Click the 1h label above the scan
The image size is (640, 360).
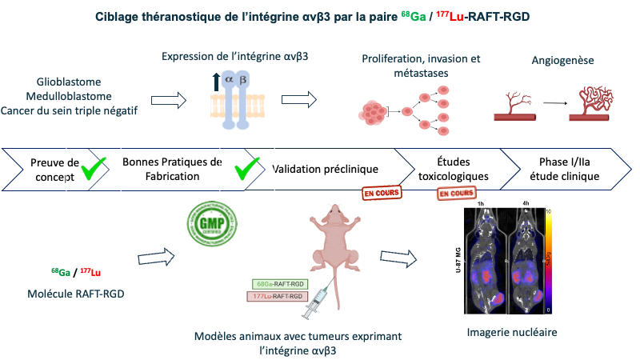click(481, 204)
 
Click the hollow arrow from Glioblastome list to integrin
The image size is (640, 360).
click(169, 99)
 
